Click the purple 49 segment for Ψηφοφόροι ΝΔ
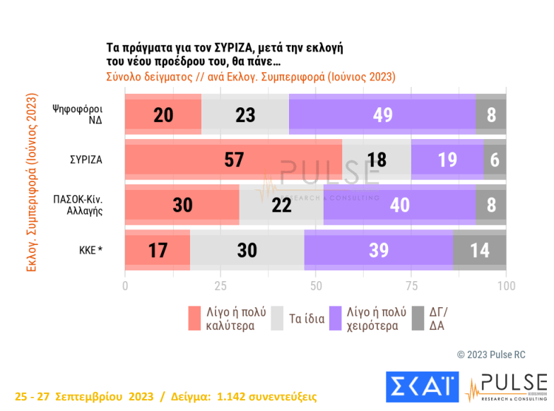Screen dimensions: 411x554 (x=382, y=114)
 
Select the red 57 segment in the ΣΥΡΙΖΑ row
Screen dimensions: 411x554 (x=233, y=159)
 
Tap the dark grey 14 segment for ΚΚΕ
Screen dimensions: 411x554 (x=480, y=250)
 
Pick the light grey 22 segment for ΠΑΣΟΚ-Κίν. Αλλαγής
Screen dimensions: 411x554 (x=281, y=205)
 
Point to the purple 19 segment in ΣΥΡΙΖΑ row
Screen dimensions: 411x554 (x=447, y=159)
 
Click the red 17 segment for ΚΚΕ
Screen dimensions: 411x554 (x=158, y=250)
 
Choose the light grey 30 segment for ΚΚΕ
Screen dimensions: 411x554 (x=247, y=250)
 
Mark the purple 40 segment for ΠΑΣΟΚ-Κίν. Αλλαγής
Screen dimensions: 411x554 (x=399, y=205)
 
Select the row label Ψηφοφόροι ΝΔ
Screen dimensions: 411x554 (x=78, y=114)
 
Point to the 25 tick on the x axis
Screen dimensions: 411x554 (x=220, y=286)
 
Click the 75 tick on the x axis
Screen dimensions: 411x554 (x=411, y=286)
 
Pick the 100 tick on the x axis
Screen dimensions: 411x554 (x=506, y=286)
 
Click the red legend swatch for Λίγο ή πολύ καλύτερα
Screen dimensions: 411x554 (x=195, y=318)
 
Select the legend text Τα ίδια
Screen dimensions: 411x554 (x=307, y=318)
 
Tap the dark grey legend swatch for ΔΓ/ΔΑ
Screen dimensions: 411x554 (x=417, y=318)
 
